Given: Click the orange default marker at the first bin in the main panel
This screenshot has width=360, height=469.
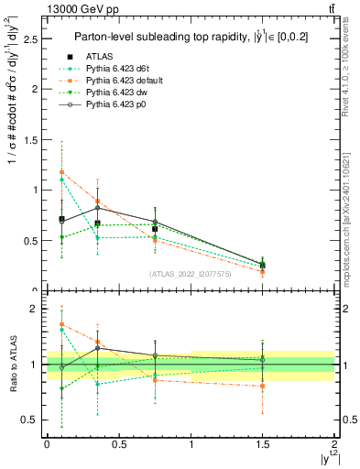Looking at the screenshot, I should pos(61,172).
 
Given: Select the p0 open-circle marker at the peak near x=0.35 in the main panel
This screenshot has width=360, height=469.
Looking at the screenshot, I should pos(97,208).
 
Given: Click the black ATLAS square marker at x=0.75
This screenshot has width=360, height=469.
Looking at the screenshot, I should pos(155,228).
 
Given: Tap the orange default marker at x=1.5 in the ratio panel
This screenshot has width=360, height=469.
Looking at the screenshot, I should pos(263,387).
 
